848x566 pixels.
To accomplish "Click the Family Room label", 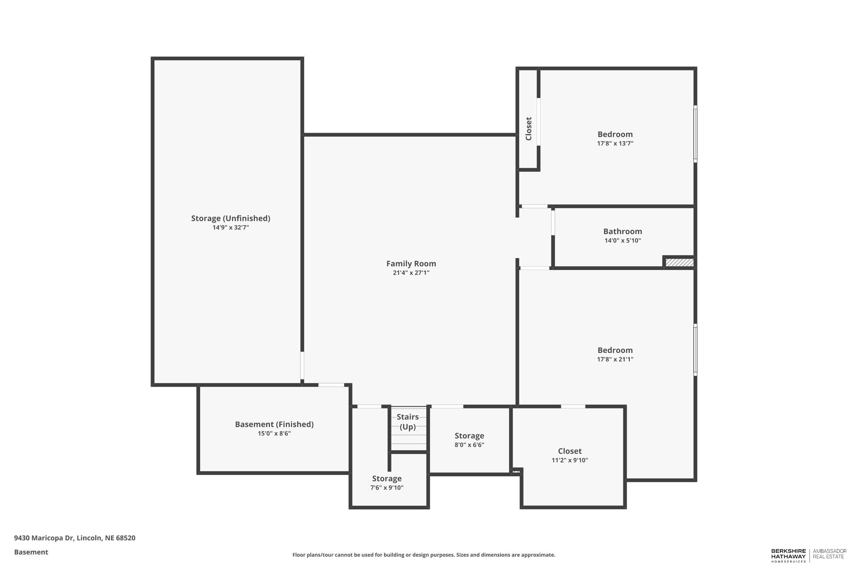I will pos(411,263).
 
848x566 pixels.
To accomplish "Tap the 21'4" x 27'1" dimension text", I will pos(411,273).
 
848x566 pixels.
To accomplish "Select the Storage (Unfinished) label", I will pos(230,218).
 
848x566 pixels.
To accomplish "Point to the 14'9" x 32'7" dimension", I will pos(230,227).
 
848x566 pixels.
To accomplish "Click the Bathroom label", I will pos(622,231).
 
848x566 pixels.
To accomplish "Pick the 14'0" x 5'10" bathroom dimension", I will pos(622,240).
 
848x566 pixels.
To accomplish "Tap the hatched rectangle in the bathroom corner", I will pos(679,262).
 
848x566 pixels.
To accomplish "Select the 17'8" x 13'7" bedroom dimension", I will pos(615,143).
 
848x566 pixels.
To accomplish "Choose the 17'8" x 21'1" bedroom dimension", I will pos(615,359).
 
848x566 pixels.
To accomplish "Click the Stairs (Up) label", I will pos(408,422).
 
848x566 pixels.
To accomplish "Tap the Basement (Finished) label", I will pos(274,424).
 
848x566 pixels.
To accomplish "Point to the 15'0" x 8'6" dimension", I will pos(274,434).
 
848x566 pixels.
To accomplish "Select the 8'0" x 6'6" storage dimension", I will pos(469,445).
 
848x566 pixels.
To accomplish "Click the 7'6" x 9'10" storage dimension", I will pos(387,488).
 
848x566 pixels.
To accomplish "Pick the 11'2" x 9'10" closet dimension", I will pos(570,460).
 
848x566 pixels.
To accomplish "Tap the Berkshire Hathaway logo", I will pos(788,555).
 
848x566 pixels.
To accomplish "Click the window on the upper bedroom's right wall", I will pos(695,134).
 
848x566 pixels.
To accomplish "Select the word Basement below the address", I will pos(31,552).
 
